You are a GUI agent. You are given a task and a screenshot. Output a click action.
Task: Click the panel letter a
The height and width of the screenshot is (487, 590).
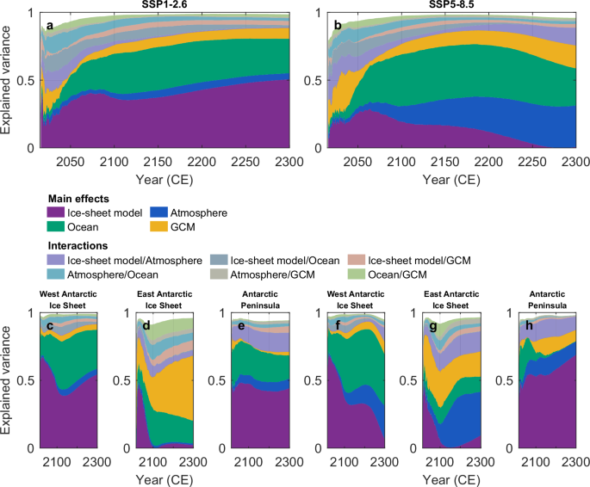pyautogui.click(x=50, y=26)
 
